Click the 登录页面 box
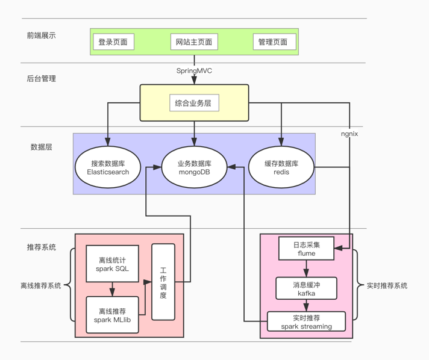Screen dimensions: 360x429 click(113, 42)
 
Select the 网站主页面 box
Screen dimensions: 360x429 click(194, 42)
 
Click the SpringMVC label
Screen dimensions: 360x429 click(194, 70)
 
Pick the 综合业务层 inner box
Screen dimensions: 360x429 click(193, 103)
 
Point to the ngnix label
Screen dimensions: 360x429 click(349, 134)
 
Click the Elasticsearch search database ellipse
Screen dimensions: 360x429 click(108, 167)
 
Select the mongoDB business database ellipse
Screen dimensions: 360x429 click(194, 167)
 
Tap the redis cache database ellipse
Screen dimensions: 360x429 click(281, 167)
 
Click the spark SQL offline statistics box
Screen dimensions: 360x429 click(113, 264)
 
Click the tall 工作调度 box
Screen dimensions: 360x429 click(163, 282)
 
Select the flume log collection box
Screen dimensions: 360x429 click(306, 249)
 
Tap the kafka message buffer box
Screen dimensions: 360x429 click(306, 289)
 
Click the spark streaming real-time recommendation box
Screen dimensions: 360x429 click(306, 321)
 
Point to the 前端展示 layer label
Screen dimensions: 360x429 click(41, 36)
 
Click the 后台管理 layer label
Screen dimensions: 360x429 click(41, 78)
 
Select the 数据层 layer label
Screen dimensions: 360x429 click(41, 147)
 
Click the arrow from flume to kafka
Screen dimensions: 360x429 click(306, 268)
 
